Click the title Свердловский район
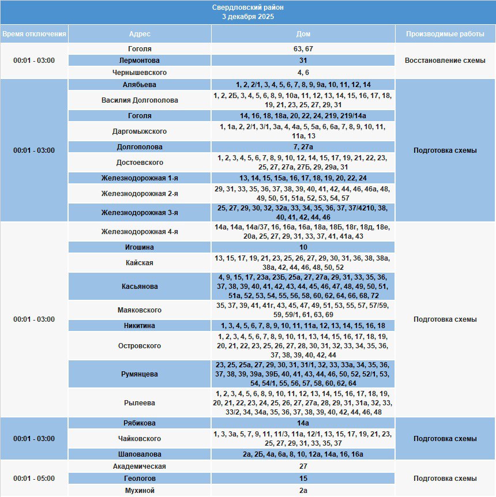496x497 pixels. tap(248, 7)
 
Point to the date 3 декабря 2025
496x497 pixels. tap(248, 17)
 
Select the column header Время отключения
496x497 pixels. tap(34, 34)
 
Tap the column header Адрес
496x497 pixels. tap(140, 34)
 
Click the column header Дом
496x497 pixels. tap(303, 34)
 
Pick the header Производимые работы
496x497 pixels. tap(445, 34)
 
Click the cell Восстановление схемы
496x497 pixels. tap(445, 61)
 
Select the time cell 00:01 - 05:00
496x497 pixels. tap(34, 479)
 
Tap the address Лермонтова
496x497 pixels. tap(140, 61)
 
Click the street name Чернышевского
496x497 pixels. tap(140, 73)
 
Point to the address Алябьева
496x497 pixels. tap(140, 84)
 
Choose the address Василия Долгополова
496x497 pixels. tap(140, 100)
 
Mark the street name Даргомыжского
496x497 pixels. tap(140, 131)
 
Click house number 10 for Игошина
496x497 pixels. tap(303, 247)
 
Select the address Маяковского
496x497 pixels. tap(140, 310)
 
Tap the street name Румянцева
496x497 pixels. tap(140, 374)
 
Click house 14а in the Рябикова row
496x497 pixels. tap(303, 423)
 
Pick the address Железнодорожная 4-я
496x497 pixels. tap(140, 232)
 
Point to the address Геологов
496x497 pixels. tap(140, 479)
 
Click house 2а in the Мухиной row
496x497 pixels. tap(303, 491)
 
